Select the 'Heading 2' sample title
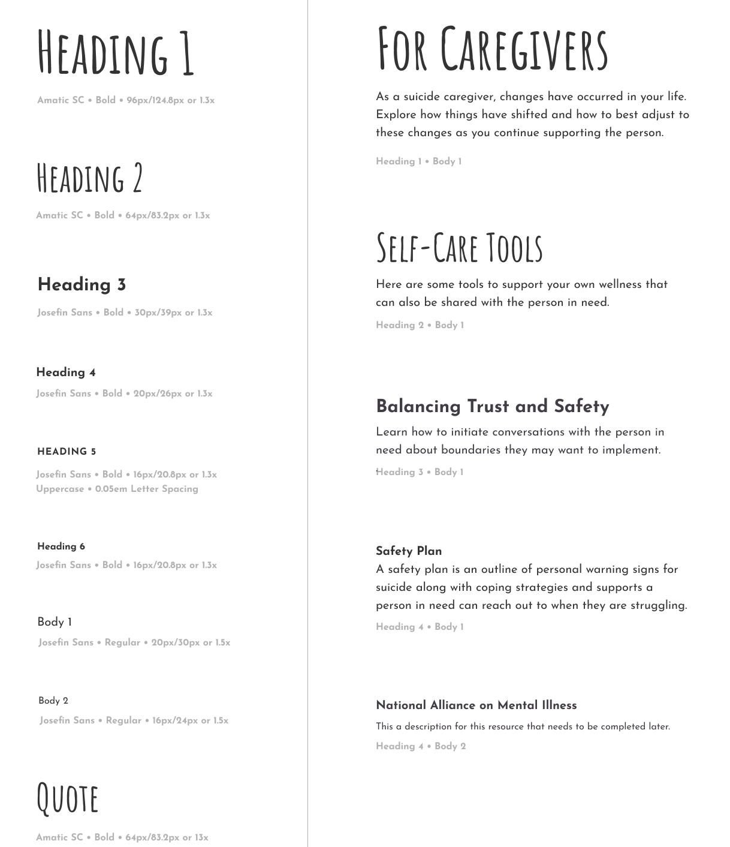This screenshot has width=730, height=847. (x=90, y=178)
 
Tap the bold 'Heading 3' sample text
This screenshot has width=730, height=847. (x=82, y=285)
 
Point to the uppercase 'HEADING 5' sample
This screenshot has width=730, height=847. (x=67, y=452)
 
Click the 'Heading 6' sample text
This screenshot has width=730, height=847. (x=61, y=546)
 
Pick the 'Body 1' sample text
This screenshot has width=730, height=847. (x=55, y=622)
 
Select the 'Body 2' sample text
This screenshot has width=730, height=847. (x=53, y=701)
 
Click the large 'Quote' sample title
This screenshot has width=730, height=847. (x=68, y=798)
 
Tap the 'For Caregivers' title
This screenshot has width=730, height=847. (x=492, y=49)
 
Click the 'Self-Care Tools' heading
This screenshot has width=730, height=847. (x=459, y=247)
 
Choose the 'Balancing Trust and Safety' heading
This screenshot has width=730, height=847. (x=492, y=407)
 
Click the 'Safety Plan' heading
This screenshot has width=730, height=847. (x=409, y=551)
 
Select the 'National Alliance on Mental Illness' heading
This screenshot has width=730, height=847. (x=476, y=705)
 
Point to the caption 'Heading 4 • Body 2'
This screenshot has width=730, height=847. (x=421, y=746)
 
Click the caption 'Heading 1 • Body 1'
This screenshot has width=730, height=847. (x=418, y=161)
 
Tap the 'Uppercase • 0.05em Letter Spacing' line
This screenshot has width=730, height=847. (x=117, y=489)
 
